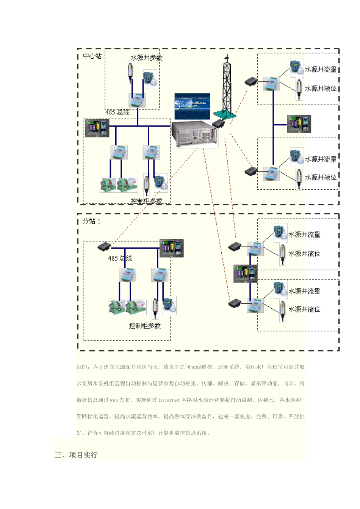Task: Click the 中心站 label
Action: pyautogui.click(x=92, y=56)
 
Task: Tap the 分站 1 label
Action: pyautogui.click(x=92, y=221)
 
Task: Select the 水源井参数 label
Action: pyautogui.click(x=146, y=58)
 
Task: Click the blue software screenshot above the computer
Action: pyautogui.click(x=192, y=106)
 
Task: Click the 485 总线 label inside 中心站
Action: pyautogui.click(x=117, y=112)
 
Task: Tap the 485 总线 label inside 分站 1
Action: pyautogui.click(x=120, y=258)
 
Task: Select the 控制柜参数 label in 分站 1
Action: pyautogui.click(x=145, y=326)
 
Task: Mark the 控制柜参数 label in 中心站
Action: pyautogui.click(x=146, y=201)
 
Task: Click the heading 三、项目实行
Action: pyautogui.click(x=76, y=455)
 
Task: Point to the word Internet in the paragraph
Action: pyautogui.click(x=169, y=400)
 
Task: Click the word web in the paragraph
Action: pyautogui.click(x=114, y=400)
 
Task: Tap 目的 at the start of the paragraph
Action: pyautogui.click(x=82, y=367)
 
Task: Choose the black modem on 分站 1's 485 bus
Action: pyautogui.click(x=104, y=247)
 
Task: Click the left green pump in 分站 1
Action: pyautogui.click(x=116, y=307)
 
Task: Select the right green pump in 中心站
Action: pyautogui.click(x=127, y=184)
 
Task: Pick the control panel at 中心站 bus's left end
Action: pyautogui.click(x=97, y=128)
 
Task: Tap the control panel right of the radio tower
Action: pyautogui.click(x=299, y=124)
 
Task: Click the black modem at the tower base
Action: pyautogui.click(x=218, y=123)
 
